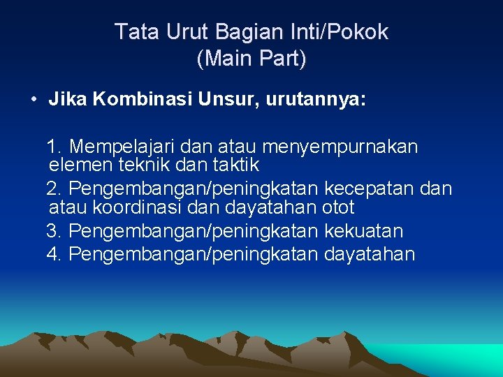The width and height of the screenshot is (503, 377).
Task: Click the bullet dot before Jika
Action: (34, 99)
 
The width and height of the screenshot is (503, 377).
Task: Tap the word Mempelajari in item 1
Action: (124, 147)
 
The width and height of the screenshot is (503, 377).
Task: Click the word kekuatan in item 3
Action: (364, 231)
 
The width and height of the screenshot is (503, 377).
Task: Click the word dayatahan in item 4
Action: (370, 254)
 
